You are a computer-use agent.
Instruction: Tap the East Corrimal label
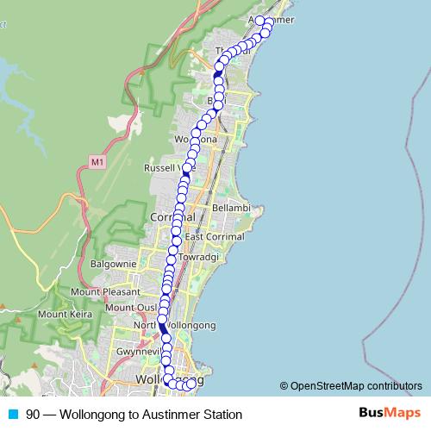(x=213, y=237)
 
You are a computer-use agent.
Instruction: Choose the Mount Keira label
(x=64, y=314)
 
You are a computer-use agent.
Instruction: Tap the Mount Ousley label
(x=131, y=308)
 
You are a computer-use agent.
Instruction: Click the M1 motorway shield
(x=97, y=160)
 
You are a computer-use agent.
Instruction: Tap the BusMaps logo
(x=385, y=414)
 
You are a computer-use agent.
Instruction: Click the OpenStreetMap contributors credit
(x=357, y=385)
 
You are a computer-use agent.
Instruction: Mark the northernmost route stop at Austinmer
(x=259, y=20)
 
